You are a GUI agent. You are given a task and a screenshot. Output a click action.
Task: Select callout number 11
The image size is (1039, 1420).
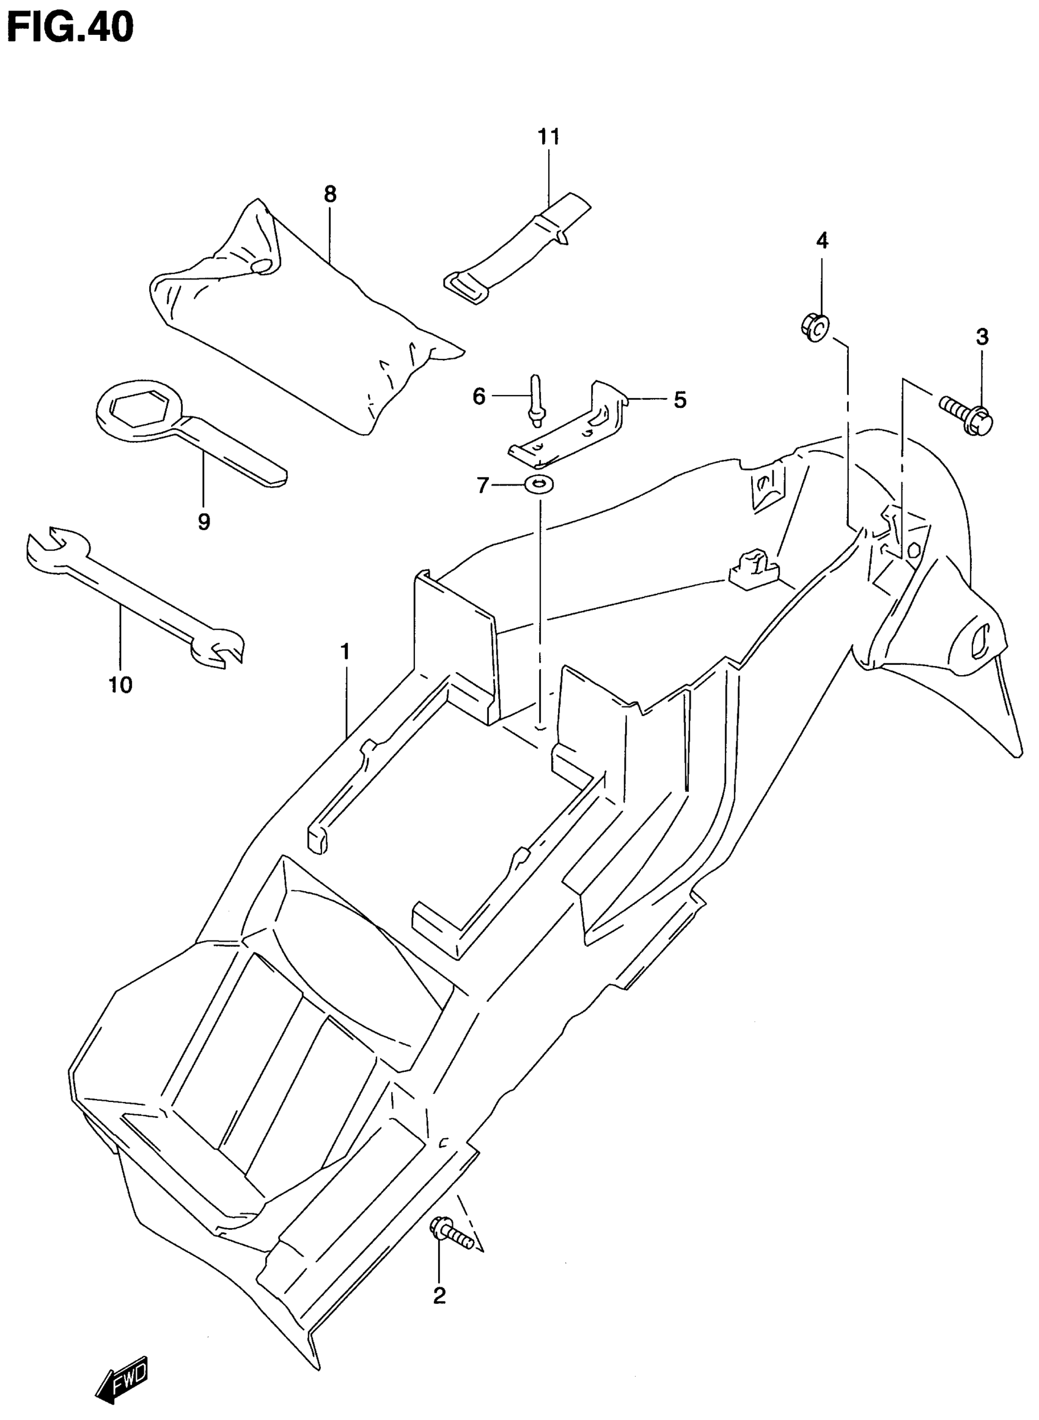548,136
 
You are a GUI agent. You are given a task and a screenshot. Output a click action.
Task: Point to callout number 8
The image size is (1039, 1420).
330,194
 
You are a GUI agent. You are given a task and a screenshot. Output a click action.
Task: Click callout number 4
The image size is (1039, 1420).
822,240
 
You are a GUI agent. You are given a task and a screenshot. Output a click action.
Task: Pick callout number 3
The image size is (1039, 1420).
982,336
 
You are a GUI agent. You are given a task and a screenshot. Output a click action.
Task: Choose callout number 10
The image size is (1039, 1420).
121,684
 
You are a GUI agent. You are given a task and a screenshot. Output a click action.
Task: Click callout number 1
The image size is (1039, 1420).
345,651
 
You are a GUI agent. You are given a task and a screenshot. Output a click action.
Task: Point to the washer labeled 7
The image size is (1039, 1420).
539,484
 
